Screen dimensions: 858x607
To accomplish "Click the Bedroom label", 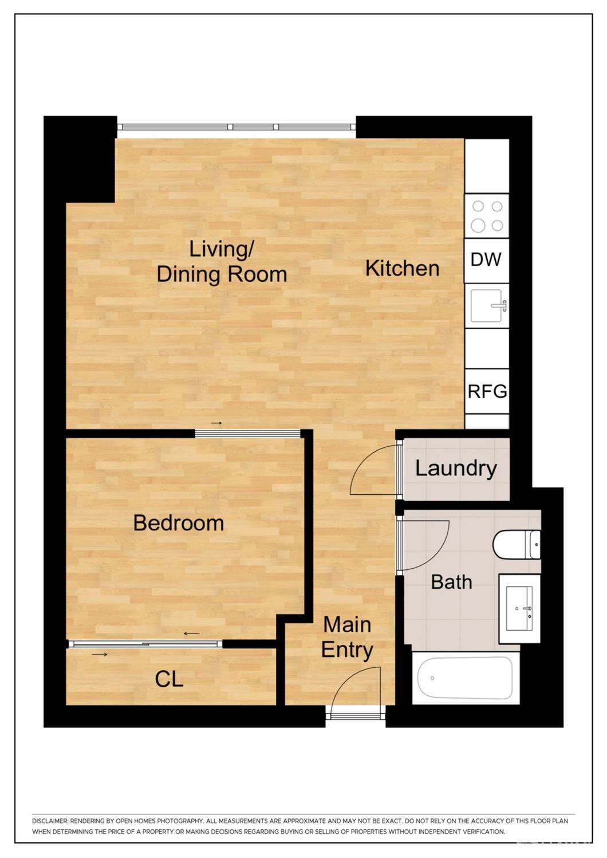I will coord(178,523).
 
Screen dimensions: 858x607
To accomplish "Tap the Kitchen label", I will coord(402,268).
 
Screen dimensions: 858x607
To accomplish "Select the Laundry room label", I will coord(456,469).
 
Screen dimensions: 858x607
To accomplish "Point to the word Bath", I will coord(451,582).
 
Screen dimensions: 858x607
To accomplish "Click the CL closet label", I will coord(169,679).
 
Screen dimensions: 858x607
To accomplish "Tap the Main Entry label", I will coord(347,637).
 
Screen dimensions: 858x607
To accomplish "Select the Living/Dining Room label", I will coord(222,262).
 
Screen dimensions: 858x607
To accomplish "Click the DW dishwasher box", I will coord(486,260).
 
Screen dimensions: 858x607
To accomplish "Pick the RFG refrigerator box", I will coord(487,392).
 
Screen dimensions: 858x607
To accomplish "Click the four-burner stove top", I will coord(487,216).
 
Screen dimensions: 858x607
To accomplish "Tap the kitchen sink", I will coord(487,305).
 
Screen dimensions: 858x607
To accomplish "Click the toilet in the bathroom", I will coord(517,544).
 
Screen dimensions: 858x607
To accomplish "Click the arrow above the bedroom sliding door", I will coord(216,423).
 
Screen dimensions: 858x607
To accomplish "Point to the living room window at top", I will coord(236,127).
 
